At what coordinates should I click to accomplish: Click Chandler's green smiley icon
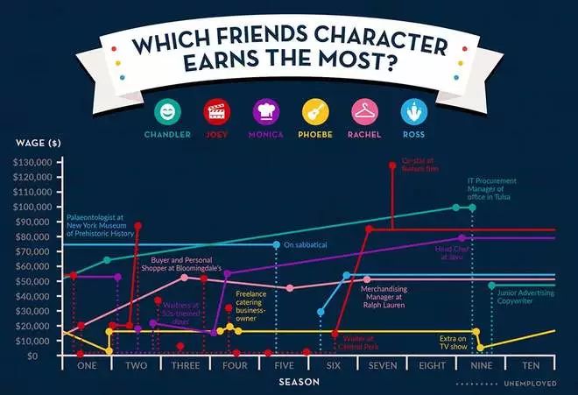coord(167,111)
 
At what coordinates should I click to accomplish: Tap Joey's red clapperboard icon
coord(215,111)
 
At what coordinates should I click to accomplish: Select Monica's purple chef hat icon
coord(265,111)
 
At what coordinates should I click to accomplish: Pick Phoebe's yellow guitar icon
coord(314,111)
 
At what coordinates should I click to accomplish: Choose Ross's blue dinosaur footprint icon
coord(413,111)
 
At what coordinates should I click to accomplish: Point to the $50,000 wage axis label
coord(33,282)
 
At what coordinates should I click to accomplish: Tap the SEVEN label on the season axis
coord(384,366)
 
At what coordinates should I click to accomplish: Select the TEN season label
coord(531,366)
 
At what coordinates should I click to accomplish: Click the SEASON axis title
coord(298,382)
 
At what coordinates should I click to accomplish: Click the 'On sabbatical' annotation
coord(305,245)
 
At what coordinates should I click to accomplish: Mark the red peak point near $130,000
coord(392,165)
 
